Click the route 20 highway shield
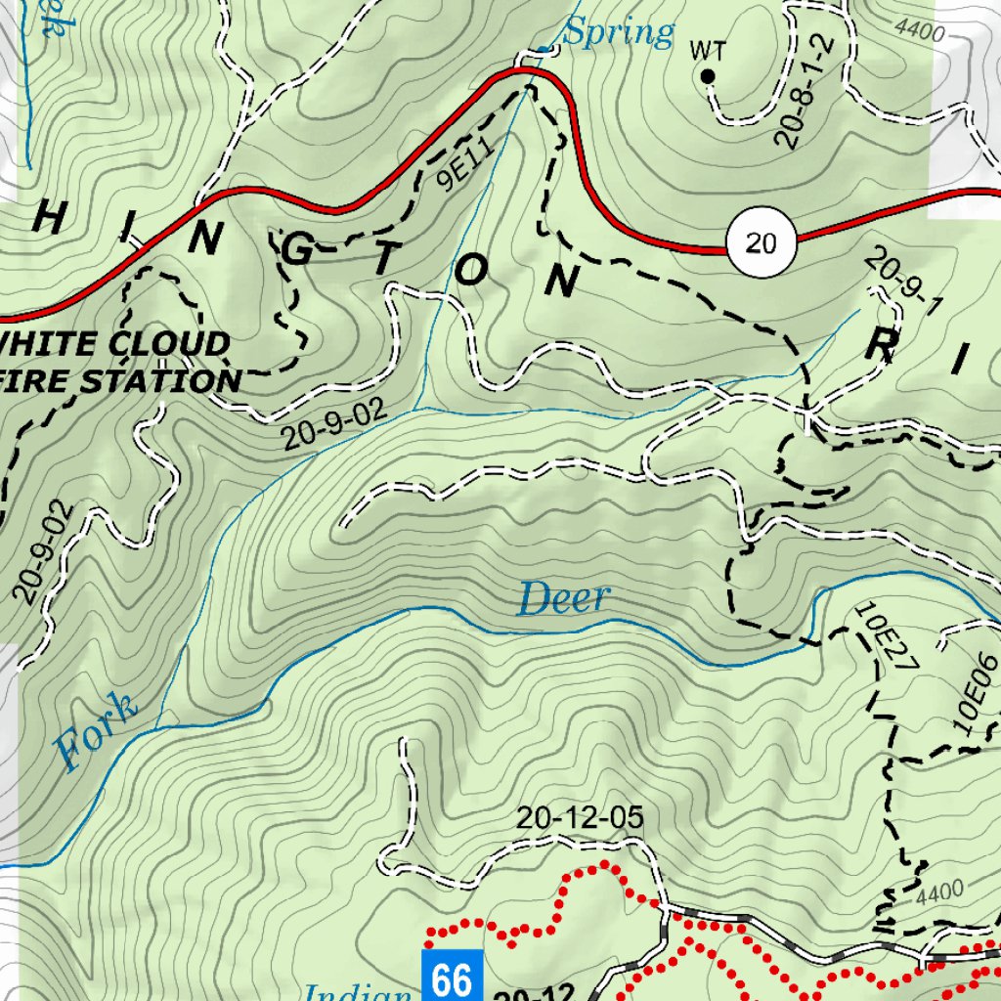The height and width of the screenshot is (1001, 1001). tap(762, 241)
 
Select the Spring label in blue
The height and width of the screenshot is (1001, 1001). tap(620, 33)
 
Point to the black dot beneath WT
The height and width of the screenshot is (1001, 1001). tap(709, 75)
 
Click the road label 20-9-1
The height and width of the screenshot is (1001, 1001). tap(903, 283)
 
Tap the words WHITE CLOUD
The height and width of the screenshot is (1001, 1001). tap(115, 344)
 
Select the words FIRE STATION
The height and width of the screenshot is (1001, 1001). tap(122, 381)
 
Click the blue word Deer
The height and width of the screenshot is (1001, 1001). tap(563, 598)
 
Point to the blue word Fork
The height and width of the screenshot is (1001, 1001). tap(96, 729)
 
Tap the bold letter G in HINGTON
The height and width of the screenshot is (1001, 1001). tap(296, 251)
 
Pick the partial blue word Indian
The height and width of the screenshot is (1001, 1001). tap(357, 992)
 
